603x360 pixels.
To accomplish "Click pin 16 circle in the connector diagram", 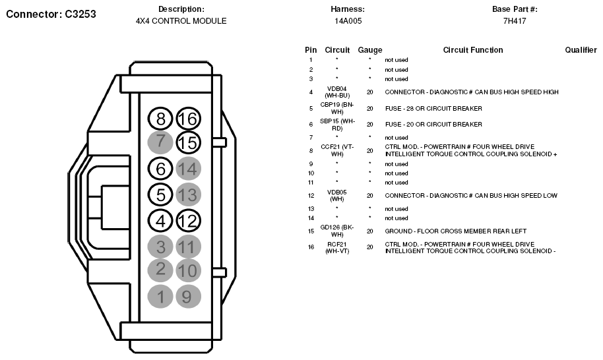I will [x=188, y=119].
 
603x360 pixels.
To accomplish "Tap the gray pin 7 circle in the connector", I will [x=160, y=142].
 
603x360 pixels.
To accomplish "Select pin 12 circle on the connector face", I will [x=188, y=220].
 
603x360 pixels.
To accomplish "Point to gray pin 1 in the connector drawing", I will [x=160, y=296].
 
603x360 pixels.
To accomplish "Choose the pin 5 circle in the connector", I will [x=160, y=195].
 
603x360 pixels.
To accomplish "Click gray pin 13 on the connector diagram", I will [x=188, y=195].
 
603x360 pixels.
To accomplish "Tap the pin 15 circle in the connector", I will [x=188, y=142].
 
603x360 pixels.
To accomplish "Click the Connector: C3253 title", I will [x=51, y=14].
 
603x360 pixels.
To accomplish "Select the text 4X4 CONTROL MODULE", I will [x=181, y=21].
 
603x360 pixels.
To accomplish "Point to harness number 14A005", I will [x=348, y=21].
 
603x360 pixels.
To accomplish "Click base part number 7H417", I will [x=514, y=21].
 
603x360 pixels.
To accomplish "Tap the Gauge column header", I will [x=369, y=50].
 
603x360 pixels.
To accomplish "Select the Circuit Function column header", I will [x=472, y=50].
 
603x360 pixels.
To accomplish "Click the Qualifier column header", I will [x=581, y=50].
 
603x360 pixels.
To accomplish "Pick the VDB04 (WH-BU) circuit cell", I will [x=336, y=92].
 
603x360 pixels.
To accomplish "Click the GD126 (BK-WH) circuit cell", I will [x=336, y=231].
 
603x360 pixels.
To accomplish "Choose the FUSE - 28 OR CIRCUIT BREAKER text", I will [x=433, y=108].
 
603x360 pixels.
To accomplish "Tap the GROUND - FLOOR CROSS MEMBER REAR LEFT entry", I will [x=457, y=231].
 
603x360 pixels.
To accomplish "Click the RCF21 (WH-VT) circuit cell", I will [x=336, y=247].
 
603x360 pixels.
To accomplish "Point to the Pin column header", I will [x=311, y=50].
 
